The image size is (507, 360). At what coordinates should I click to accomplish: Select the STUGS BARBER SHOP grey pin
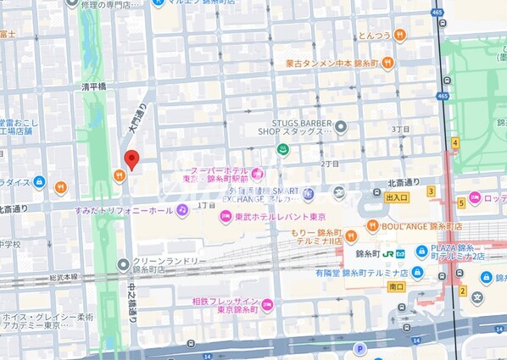coord(341,127)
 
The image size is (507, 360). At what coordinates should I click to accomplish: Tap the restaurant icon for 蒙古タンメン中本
coord(387,62)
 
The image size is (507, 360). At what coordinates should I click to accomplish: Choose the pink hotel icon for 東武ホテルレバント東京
coord(226,217)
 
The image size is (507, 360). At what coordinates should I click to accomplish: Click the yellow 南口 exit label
coord(396,288)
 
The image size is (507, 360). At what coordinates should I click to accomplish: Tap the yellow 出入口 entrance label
coord(396,197)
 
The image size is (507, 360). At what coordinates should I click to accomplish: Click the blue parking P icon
coord(359,348)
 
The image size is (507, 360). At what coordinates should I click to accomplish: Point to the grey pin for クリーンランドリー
coord(124,263)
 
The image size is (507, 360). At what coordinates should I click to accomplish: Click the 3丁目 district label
coord(401,129)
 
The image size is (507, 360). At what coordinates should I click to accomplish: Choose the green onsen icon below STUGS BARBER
coord(285,151)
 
